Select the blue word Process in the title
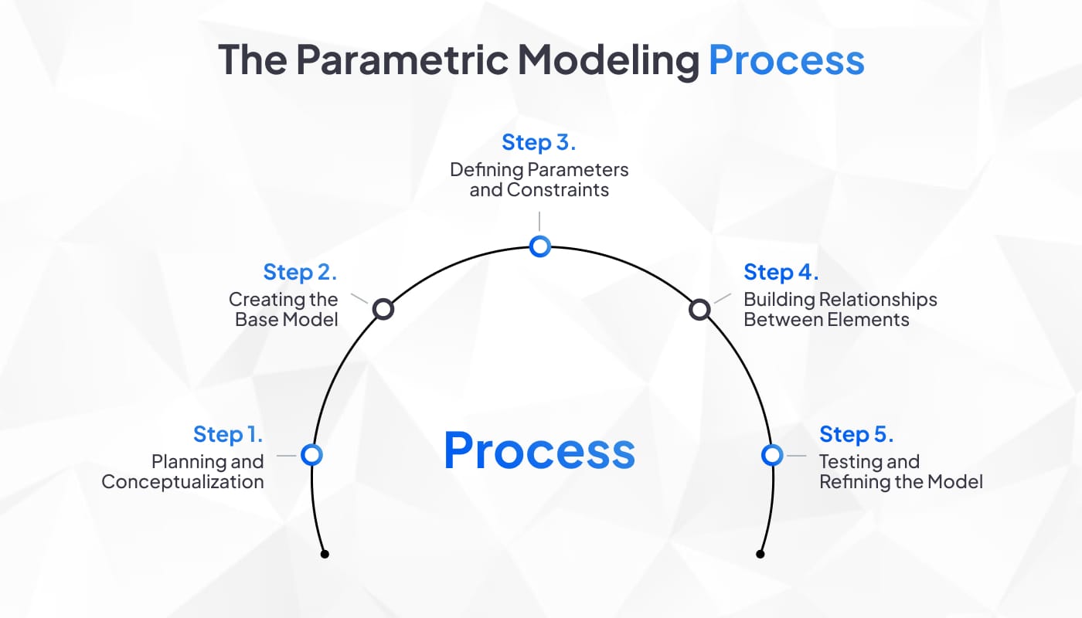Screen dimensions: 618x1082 click(x=786, y=60)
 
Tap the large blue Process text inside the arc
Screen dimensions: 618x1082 click(x=539, y=451)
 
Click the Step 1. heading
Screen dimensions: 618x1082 click(x=229, y=434)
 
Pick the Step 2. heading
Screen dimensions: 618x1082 click(x=300, y=272)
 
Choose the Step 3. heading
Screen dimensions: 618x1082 click(x=539, y=143)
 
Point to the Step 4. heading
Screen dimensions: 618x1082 click(x=781, y=272)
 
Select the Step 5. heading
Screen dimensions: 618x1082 click(x=856, y=434)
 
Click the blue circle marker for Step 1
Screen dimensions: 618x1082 click(x=311, y=455)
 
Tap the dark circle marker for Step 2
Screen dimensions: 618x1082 click(x=383, y=310)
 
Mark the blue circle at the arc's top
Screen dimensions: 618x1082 click(x=539, y=246)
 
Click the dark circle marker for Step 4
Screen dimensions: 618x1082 click(x=699, y=310)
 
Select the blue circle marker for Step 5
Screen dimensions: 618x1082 click(x=771, y=455)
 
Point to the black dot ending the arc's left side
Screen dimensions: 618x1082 click(x=325, y=554)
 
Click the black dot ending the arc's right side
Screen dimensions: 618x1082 click(x=760, y=554)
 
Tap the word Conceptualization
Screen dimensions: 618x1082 click(x=182, y=482)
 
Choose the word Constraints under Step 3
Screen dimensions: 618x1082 click(x=558, y=190)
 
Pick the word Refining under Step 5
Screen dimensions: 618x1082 click(x=852, y=482)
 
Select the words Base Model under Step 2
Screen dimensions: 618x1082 click(x=287, y=319)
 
